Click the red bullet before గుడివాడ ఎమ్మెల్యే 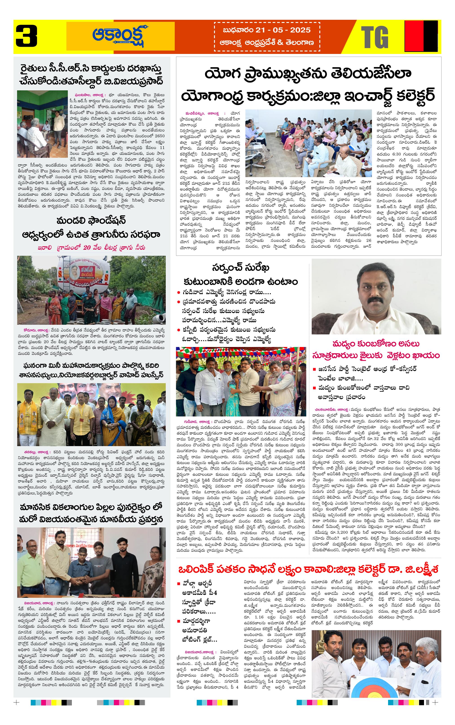click(179, 292)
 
